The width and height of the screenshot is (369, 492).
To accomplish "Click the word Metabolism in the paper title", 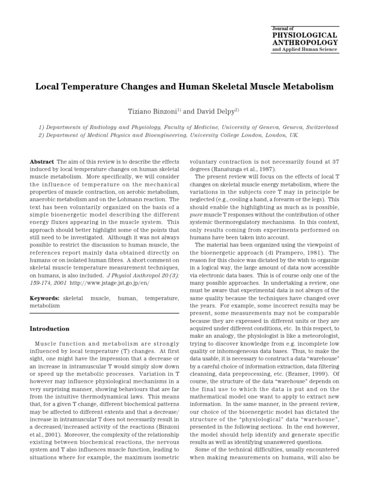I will point(305,87).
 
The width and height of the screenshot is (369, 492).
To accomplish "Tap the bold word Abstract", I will point(42,162).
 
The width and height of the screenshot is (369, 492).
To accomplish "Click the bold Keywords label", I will point(45,298).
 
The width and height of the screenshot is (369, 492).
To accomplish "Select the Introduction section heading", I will point(49,329).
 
